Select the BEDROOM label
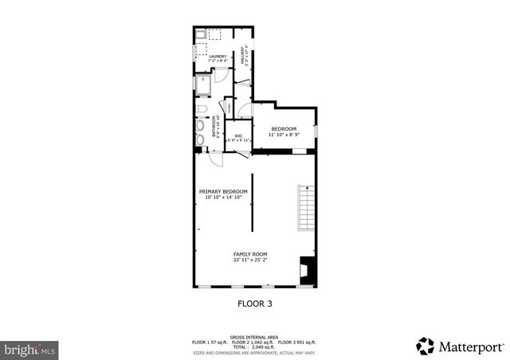(x=284, y=129)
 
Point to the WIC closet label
(x=238, y=135)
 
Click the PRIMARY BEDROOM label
(x=223, y=192)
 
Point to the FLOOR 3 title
(x=255, y=303)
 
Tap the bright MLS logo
(x=29, y=349)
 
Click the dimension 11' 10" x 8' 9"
(x=284, y=135)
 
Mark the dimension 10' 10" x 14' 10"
(x=223, y=198)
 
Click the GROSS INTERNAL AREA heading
(x=255, y=337)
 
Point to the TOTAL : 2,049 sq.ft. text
(x=255, y=346)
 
